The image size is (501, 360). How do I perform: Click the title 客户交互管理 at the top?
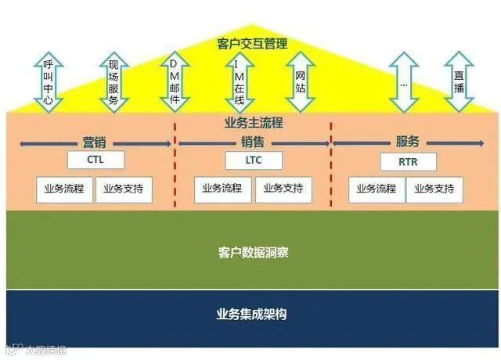tap(253, 43)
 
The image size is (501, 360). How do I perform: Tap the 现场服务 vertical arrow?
tap(113, 81)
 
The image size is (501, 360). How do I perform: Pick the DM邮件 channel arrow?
tap(175, 81)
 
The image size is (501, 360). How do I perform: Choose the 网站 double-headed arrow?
tap(300, 81)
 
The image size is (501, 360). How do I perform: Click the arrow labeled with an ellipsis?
tap(404, 81)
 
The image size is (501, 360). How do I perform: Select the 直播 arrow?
tap(460, 81)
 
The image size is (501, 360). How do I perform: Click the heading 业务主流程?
tap(253, 123)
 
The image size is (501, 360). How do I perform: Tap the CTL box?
tap(96, 160)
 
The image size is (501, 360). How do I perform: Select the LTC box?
tap(254, 160)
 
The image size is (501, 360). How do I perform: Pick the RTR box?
tap(408, 161)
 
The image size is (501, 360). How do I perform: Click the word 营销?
tap(95, 142)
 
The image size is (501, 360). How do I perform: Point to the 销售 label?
tap(253, 142)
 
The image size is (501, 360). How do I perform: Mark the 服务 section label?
tap(408, 142)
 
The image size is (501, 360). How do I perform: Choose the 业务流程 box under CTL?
tap(65, 189)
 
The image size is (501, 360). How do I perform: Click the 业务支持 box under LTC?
tap(283, 189)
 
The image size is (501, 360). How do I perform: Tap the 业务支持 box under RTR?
tap(434, 189)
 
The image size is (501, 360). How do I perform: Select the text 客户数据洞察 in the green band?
tap(252, 253)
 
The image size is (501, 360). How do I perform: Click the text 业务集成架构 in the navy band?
tap(252, 315)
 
